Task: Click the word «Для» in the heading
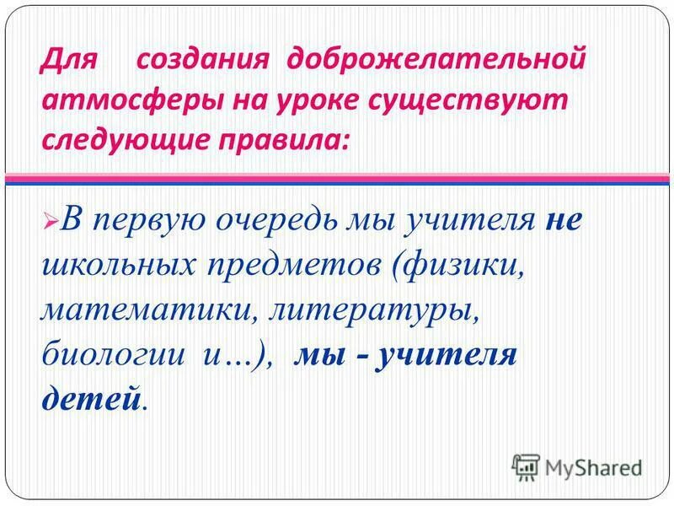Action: click(x=68, y=61)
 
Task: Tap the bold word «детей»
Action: click(x=89, y=397)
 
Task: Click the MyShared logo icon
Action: click(x=527, y=465)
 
